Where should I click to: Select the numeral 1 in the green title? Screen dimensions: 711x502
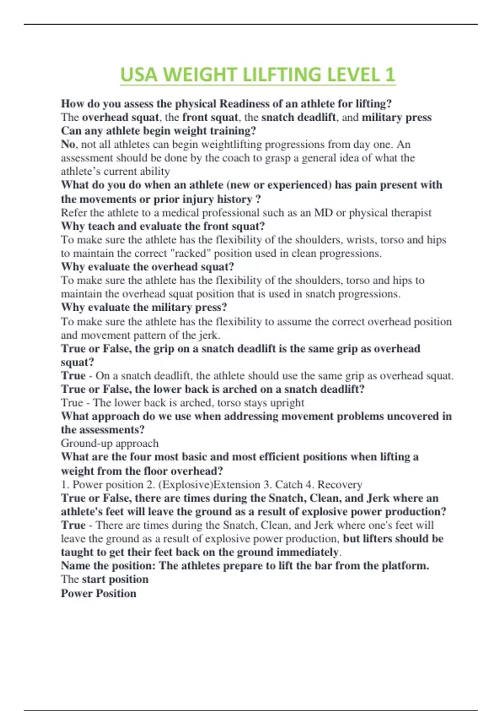389,75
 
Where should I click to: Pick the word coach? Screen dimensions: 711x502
231,158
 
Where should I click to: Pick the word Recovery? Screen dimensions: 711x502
340,484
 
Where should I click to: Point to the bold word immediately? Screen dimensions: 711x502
307,552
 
